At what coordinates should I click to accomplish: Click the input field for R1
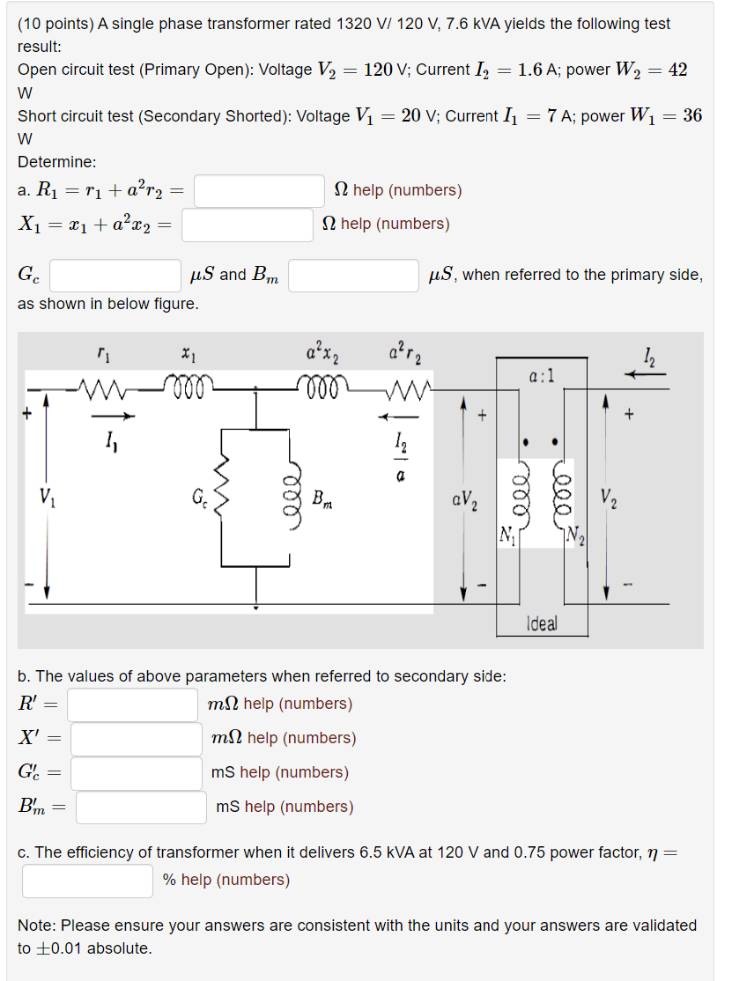[260, 190]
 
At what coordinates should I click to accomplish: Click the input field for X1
[248, 225]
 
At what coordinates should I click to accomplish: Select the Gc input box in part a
[115, 275]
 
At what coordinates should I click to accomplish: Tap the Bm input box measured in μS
[353, 275]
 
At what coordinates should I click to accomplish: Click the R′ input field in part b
[133, 704]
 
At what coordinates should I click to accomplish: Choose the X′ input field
[137, 739]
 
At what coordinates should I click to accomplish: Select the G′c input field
[137, 773]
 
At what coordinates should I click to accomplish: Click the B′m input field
[141, 808]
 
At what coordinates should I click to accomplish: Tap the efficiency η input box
[88, 881]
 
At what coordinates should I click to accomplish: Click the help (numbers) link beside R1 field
[407, 190]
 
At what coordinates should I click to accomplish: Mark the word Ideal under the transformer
[541, 623]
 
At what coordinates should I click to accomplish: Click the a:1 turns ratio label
[542, 376]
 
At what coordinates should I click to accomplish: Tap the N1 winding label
[506, 534]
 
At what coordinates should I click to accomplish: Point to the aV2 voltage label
[466, 502]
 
